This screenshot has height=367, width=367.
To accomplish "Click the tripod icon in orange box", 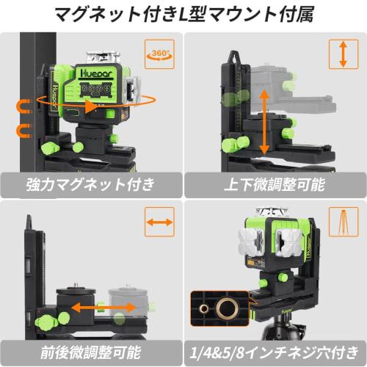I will tap(342, 222).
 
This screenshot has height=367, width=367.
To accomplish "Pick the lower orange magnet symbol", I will tap(20, 131).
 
